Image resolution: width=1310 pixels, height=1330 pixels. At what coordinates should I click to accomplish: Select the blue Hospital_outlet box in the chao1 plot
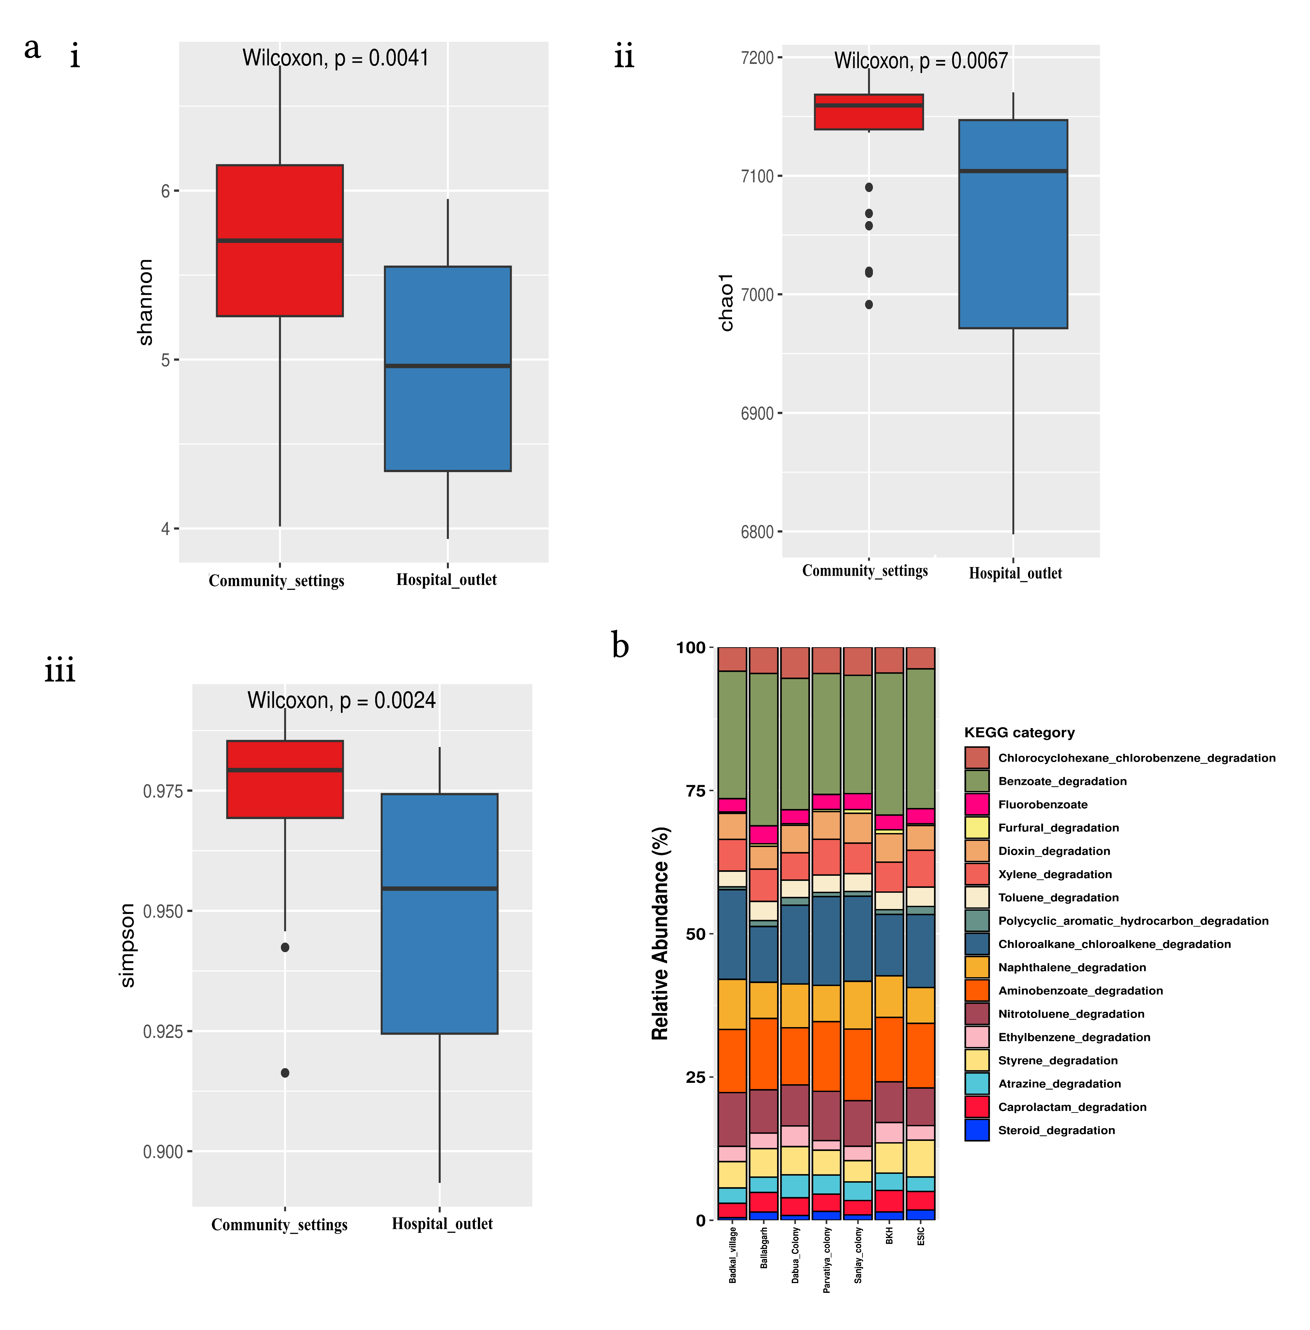coord(1013,224)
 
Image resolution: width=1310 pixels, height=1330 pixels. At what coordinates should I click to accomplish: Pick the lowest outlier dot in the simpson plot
coord(285,1072)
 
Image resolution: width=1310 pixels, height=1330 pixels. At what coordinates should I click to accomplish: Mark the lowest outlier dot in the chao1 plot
coord(869,304)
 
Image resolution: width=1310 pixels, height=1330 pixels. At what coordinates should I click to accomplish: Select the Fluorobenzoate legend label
coord(1042,804)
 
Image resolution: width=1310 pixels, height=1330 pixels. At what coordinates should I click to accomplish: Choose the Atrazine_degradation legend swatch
coord(976,1083)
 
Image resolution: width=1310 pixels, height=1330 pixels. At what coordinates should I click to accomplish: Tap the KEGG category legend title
coord(1019,732)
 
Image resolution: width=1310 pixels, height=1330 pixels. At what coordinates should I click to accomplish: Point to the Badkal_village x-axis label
coord(733,1254)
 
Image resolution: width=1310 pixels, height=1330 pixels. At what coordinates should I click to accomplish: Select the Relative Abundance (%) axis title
coord(660,933)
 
